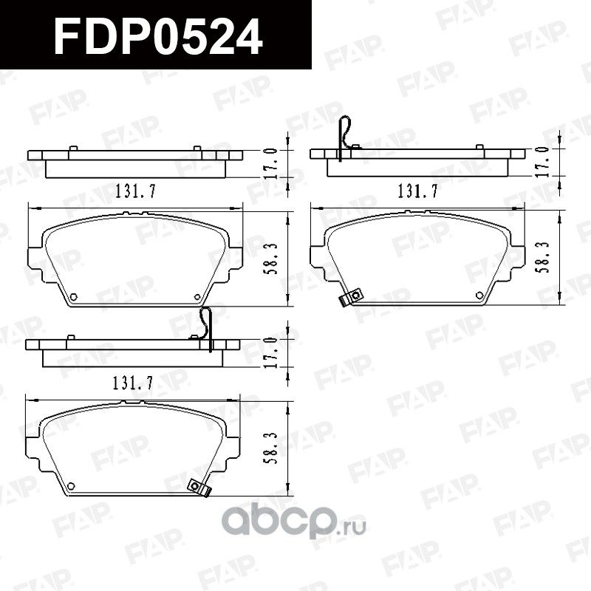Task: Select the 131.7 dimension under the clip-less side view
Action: point(135,192)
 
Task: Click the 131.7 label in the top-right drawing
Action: point(418,192)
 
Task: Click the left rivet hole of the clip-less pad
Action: point(73,298)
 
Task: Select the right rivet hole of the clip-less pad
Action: point(197,298)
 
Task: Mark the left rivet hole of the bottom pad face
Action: point(71,485)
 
